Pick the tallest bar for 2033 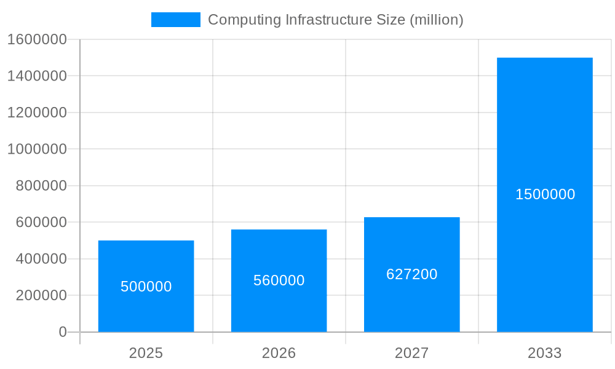click(x=544, y=123)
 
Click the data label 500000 click(x=146, y=287)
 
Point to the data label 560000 click(x=279, y=280)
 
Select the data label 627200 click(x=411, y=274)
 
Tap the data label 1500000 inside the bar click(x=545, y=194)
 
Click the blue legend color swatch click(x=175, y=20)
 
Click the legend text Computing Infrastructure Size click(x=335, y=20)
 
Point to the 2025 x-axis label click(x=146, y=353)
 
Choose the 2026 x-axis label click(x=279, y=353)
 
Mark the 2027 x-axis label click(x=411, y=353)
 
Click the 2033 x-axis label click(x=544, y=353)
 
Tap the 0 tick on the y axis click(x=62, y=332)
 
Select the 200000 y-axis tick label click(x=41, y=295)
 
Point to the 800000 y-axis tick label click(x=41, y=186)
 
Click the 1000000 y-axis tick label click(x=36, y=149)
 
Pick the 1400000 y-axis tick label click(x=36, y=76)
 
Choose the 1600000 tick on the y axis click(x=36, y=39)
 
